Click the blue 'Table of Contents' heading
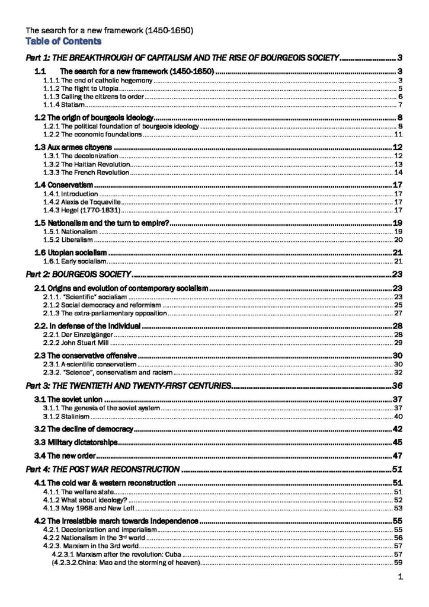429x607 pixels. tap(63, 41)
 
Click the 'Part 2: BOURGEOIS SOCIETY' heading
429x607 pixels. tap(78, 274)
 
